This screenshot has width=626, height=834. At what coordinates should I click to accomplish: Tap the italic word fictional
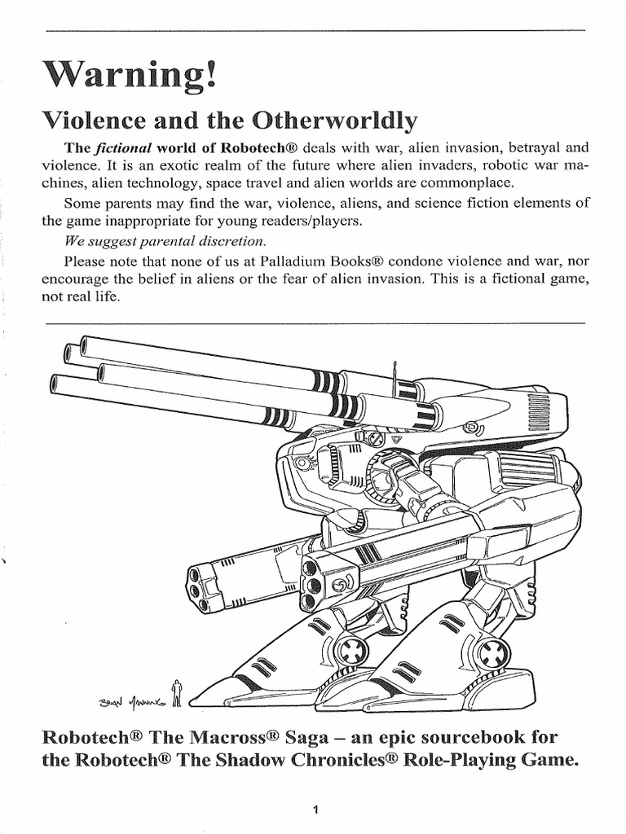tap(124, 149)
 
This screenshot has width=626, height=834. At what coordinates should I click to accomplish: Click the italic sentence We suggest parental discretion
tap(164, 242)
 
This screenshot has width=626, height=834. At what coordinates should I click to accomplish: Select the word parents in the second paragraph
tap(125, 204)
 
